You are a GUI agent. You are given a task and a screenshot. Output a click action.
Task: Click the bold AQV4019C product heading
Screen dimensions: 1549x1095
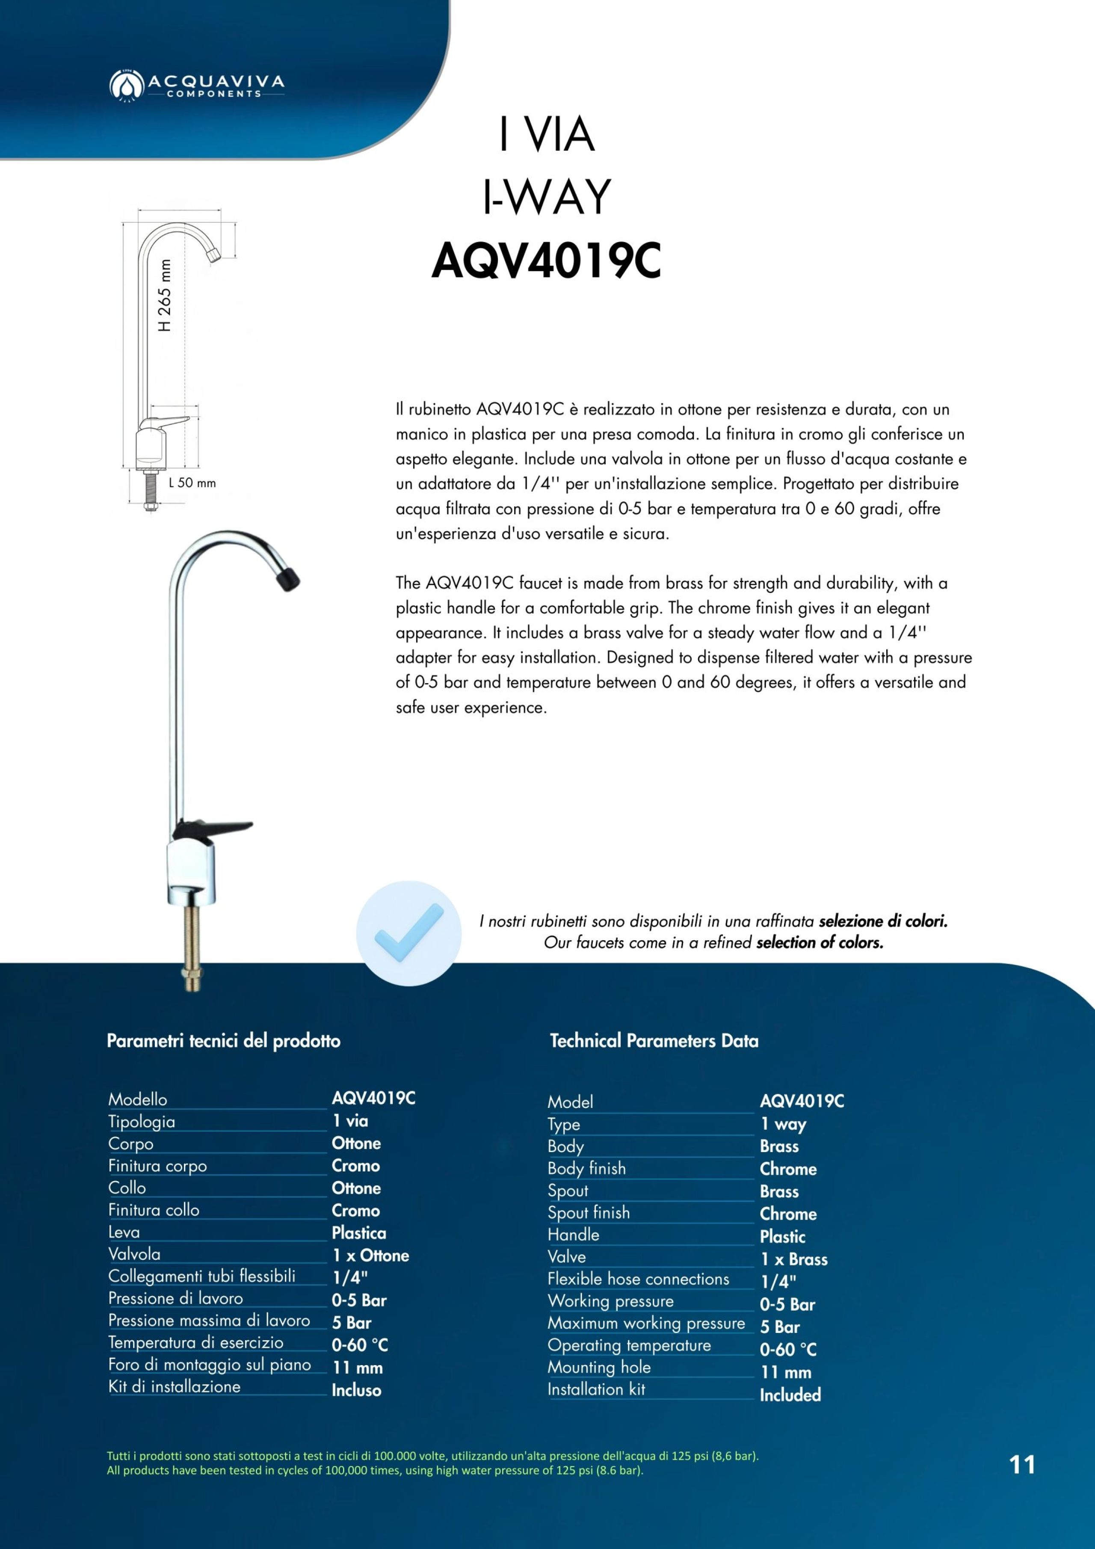pyautogui.click(x=547, y=261)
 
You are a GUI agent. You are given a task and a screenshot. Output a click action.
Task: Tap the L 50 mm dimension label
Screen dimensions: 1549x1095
pyautogui.click(x=192, y=483)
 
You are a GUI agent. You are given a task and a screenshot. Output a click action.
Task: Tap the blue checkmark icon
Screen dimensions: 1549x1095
pyautogui.click(x=409, y=933)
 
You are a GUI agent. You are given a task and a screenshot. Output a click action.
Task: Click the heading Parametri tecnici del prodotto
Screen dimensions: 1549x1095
pyautogui.click(x=223, y=1041)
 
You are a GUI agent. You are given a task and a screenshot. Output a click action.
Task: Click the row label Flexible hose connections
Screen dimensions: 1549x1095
pyautogui.click(x=638, y=1279)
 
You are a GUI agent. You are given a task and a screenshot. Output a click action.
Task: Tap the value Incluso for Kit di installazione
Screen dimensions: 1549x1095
pyautogui.click(x=356, y=1390)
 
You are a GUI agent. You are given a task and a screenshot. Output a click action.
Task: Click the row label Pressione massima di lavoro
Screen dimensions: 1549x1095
pyautogui.click(x=209, y=1320)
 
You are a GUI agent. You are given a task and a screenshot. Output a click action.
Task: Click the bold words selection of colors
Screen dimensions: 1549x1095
pyautogui.click(x=820, y=942)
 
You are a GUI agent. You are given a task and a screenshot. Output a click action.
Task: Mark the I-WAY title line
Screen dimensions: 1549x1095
pyautogui.click(x=547, y=197)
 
